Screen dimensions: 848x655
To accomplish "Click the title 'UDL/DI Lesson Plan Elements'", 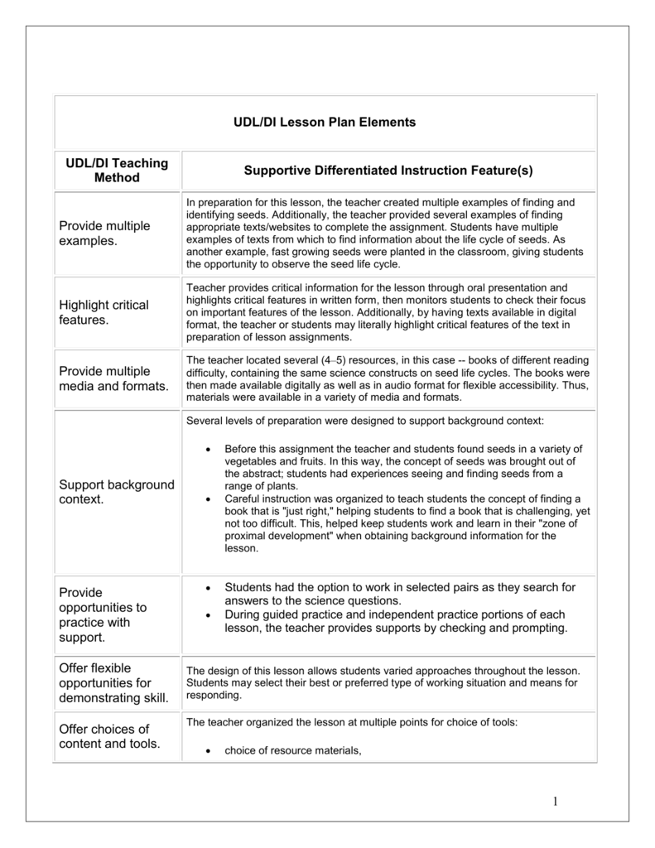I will click(x=325, y=123).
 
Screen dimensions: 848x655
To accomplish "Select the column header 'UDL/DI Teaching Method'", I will click(x=117, y=170).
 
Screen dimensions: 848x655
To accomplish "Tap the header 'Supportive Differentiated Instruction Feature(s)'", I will click(x=388, y=171).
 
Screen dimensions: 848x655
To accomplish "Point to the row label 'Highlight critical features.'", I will click(x=104, y=312).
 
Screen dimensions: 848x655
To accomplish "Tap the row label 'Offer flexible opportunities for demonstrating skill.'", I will click(x=113, y=682).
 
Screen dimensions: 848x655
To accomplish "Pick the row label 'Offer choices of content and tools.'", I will click(x=110, y=736).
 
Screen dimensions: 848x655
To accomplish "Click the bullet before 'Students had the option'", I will click(x=207, y=587).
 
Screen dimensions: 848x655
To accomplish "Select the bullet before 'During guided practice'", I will click(x=207, y=614).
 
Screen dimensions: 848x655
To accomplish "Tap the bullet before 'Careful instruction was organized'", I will click(x=207, y=499).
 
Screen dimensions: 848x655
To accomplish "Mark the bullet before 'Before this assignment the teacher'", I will click(x=207, y=449).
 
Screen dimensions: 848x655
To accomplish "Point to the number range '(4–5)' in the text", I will click(x=334, y=361).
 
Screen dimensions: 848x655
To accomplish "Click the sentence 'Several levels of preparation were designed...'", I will click(x=365, y=421).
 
